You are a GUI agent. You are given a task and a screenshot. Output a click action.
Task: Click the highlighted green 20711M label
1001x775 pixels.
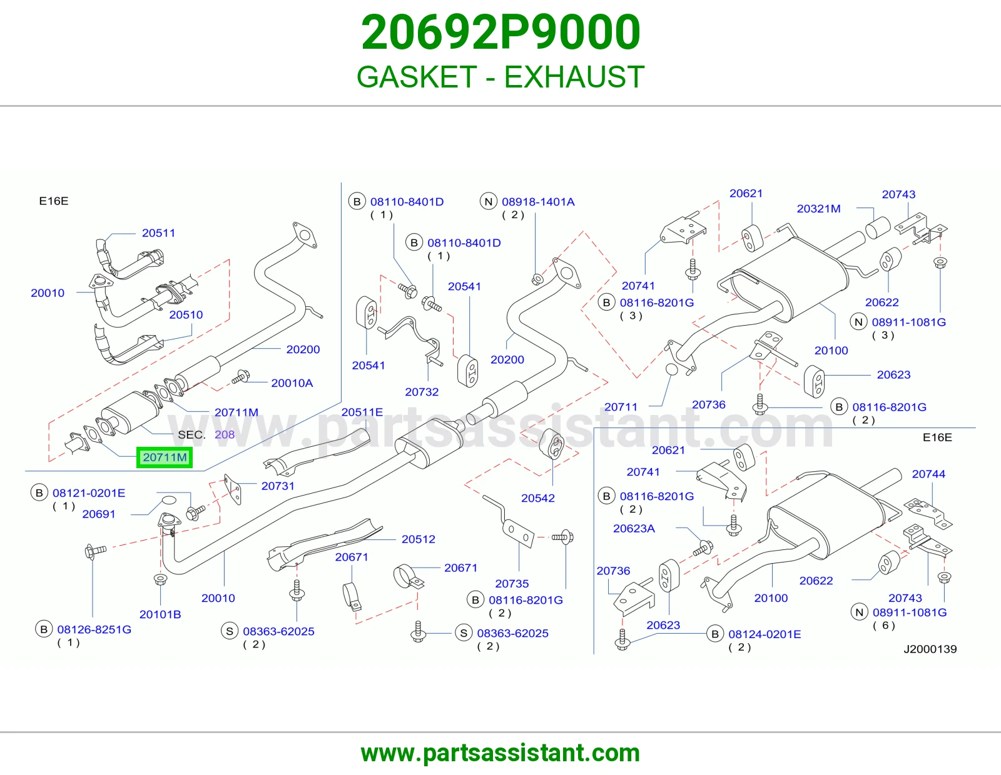click(x=165, y=457)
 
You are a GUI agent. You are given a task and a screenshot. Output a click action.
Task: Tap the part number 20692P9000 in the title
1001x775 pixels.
click(x=500, y=32)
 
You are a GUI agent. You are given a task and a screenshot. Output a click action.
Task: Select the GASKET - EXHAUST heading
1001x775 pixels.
click(x=500, y=77)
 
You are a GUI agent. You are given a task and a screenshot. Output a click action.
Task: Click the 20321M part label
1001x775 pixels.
click(x=818, y=209)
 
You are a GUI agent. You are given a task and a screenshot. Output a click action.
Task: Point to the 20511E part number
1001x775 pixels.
click(x=362, y=412)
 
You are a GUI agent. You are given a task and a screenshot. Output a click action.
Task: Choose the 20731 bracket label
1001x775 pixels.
click(x=278, y=486)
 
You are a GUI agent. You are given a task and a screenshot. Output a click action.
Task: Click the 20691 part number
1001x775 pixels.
click(x=99, y=514)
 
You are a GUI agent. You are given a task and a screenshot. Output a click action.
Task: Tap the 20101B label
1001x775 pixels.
click(x=160, y=614)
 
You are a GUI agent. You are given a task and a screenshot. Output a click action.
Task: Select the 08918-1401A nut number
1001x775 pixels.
click(x=538, y=202)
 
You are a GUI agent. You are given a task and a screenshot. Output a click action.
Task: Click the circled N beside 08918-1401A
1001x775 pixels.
click(x=488, y=202)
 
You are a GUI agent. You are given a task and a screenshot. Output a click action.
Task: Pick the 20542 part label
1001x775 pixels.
click(x=537, y=498)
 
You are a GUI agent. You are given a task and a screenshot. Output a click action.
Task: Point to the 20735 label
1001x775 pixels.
click(x=512, y=584)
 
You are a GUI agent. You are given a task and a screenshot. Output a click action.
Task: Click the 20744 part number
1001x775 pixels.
click(x=928, y=474)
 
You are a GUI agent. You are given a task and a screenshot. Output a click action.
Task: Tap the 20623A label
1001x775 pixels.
click(x=634, y=528)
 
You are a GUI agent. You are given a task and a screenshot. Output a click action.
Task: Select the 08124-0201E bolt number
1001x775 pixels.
click(x=765, y=634)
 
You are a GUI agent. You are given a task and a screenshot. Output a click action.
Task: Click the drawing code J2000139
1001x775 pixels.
click(x=930, y=649)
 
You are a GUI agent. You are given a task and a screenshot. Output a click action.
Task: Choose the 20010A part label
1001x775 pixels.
click(x=292, y=383)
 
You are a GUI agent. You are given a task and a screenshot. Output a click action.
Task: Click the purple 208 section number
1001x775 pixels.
click(x=225, y=434)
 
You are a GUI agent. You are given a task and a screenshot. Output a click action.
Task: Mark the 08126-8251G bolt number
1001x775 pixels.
click(x=94, y=629)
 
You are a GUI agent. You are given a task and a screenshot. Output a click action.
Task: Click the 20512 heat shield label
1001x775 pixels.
click(x=419, y=539)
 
